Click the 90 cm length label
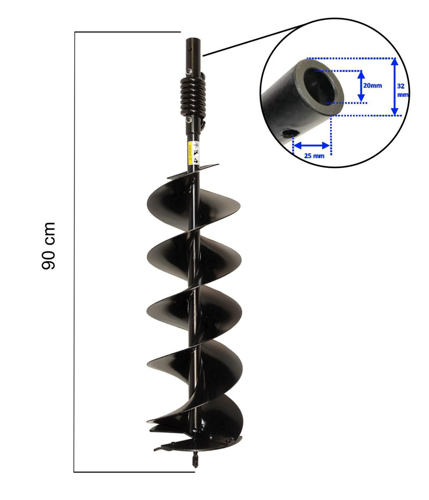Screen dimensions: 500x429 (48, 245)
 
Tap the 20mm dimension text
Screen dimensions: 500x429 (373, 85)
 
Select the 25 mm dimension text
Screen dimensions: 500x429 (314, 155)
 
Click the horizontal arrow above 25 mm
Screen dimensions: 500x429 (311, 145)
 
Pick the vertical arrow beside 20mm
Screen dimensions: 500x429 (360, 86)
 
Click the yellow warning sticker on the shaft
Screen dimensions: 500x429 (190, 150)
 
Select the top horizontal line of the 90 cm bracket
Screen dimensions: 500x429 (127, 32)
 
